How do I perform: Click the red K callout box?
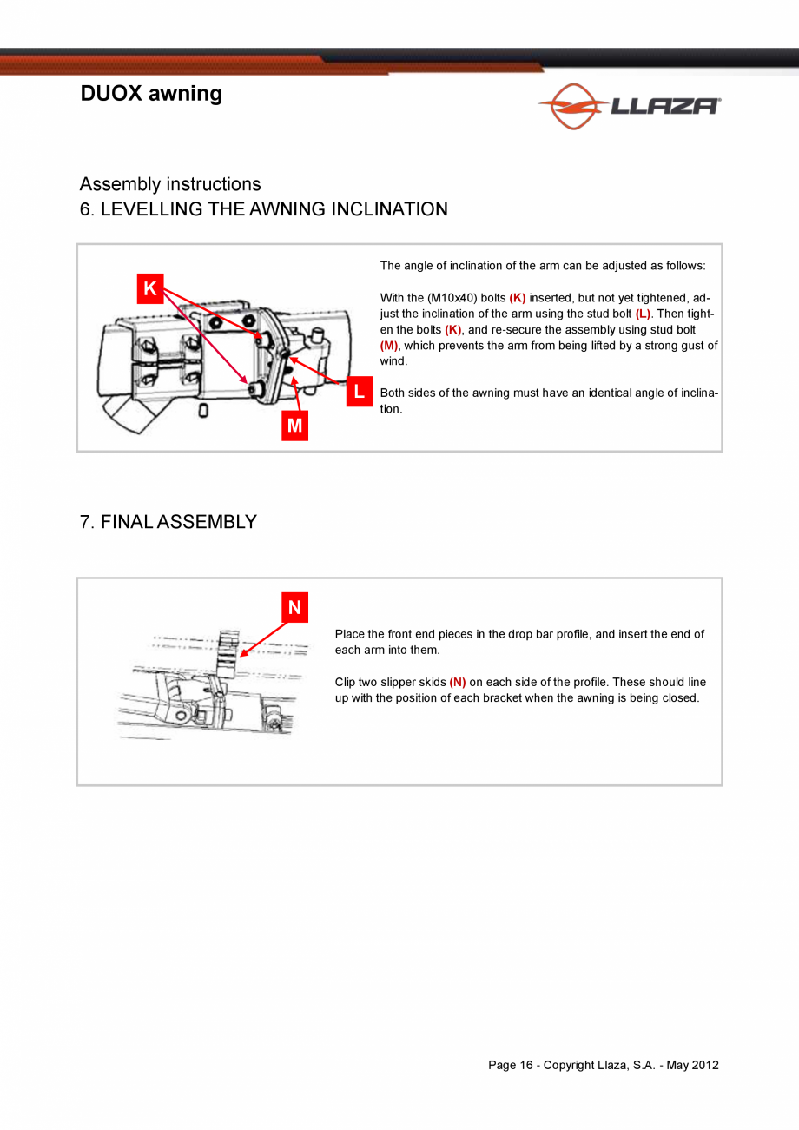click(150, 288)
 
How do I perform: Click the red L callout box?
click(359, 393)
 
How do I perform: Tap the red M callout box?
click(294, 426)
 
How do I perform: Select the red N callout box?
click(294, 608)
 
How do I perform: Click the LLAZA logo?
click(630, 106)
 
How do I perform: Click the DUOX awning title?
click(151, 94)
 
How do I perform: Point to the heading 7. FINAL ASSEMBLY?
click(168, 522)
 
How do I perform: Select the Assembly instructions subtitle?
click(170, 184)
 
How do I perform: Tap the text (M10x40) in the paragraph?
click(452, 298)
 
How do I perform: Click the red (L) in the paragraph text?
click(643, 314)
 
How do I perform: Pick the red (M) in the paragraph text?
click(388, 346)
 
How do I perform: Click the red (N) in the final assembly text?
click(458, 683)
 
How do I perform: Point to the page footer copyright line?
click(603, 1066)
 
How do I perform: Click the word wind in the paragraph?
click(393, 361)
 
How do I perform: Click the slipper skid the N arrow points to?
click(228, 653)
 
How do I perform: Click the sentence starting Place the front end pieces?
click(519, 642)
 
